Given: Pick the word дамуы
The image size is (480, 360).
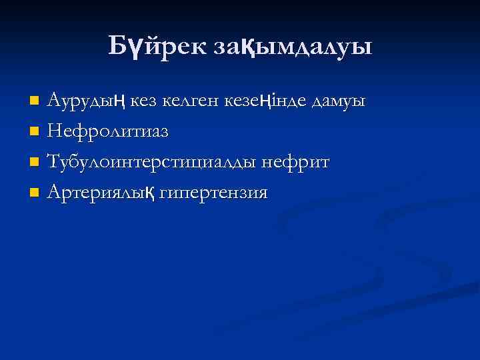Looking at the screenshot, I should (341, 101).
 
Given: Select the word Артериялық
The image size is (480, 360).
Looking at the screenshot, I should (101, 193).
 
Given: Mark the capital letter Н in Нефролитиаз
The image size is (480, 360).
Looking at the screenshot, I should (53, 131).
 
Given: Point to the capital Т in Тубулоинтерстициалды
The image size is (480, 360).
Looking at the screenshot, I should (53, 162).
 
